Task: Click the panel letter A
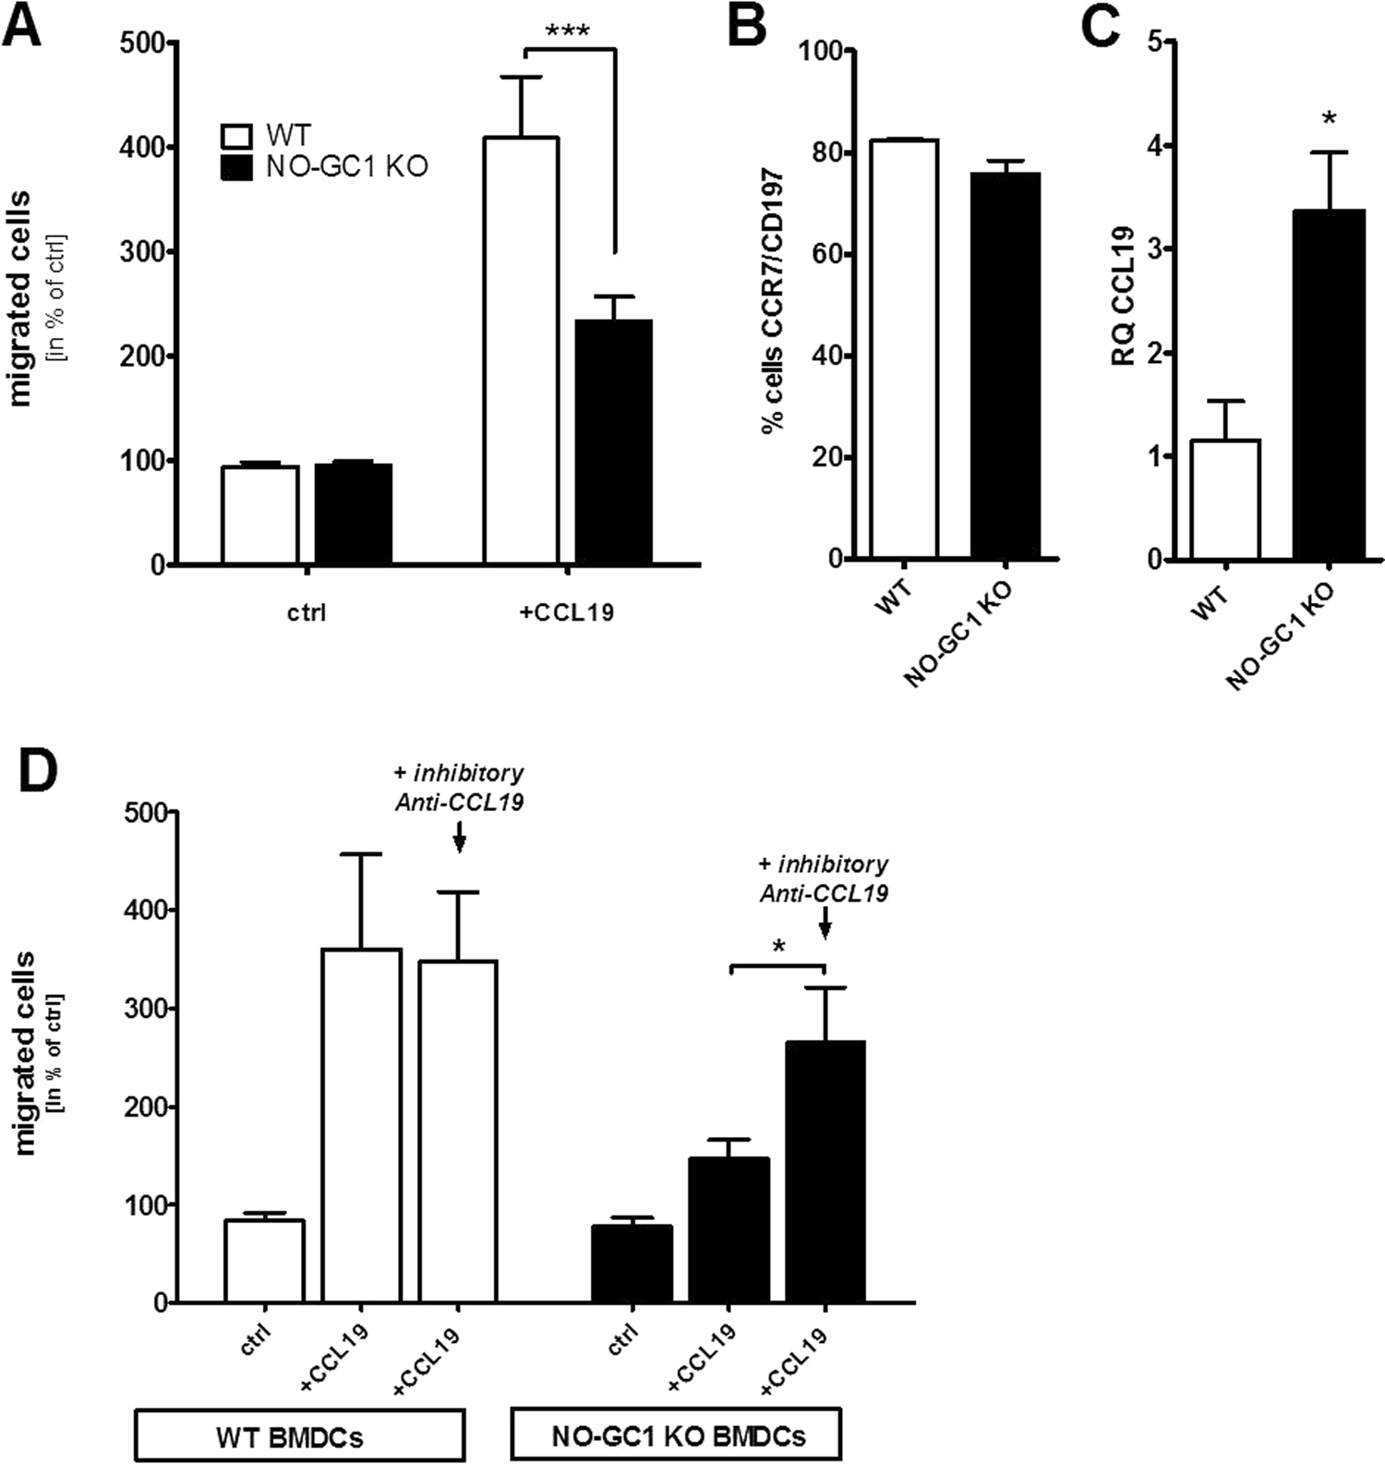click(21, 26)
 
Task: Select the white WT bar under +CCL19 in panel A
click(521, 351)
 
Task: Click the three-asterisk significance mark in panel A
click(568, 31)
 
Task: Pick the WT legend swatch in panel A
click(237, 135)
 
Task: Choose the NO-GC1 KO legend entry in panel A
click(346, 167)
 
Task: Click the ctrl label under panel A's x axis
click(307, 612)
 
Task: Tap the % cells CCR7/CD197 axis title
click(773, 300)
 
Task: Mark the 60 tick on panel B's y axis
click(825, 254)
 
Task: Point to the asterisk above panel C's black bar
click(1329, 119)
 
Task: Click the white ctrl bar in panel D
click(265, 1261)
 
